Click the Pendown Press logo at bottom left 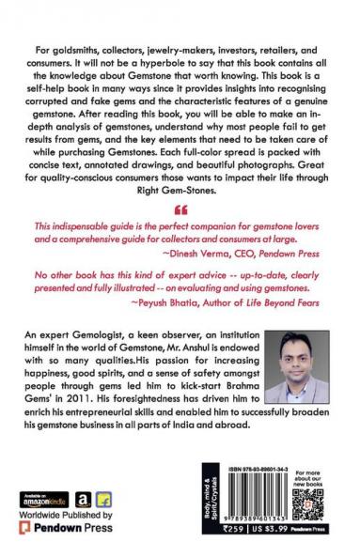click(x=70, y=531)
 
